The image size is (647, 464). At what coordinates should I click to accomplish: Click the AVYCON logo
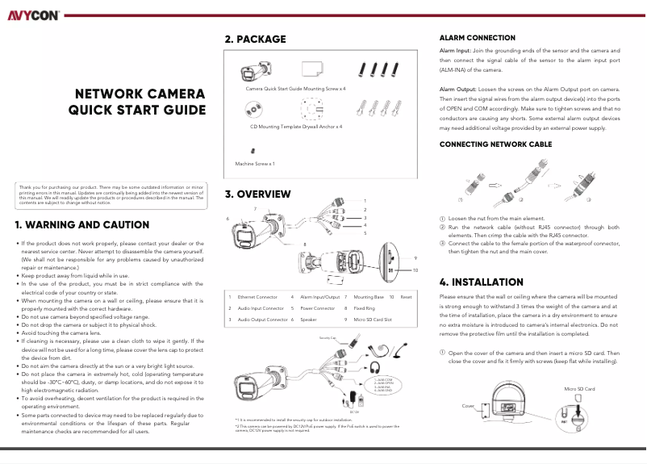[x=34, y=15]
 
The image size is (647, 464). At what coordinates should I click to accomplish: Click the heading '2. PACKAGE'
[x=255, y=39]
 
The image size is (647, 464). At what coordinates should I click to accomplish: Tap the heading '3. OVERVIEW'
[x=257, y=194]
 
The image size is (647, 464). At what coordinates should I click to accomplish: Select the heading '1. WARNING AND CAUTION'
[x=82, y=225]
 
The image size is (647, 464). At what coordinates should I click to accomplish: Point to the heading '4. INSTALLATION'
[x=481, y=282]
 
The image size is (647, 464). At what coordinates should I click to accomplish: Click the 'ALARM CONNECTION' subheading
[x=477, y=38]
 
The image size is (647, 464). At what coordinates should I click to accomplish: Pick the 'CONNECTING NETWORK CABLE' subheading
[x=495, y=144]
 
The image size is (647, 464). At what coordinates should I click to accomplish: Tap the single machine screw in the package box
[x=253, y=150]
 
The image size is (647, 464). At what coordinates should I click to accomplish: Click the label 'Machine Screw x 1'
[x=255, y=164]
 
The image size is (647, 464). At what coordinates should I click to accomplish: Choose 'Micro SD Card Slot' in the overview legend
[x=373, y=320]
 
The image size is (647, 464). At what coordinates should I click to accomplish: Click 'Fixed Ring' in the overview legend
[x=364, y=309]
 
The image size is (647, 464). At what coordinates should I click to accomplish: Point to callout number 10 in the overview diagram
[x=415, y=270]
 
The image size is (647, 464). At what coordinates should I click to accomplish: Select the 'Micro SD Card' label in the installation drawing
[x=579, y=390]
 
